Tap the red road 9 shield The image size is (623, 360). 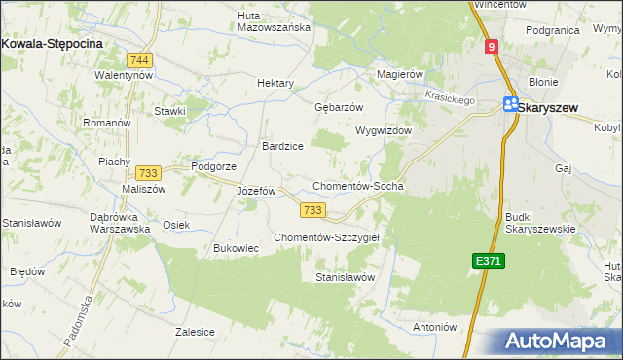(493, 47)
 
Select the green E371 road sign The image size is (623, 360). (489, 261)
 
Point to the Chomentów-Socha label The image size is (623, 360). (357, 186)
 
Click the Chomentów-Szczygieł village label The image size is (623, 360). (332, 237)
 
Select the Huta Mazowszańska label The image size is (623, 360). (274, 21)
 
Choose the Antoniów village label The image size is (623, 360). (435, 327)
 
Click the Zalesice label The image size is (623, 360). (195, 332)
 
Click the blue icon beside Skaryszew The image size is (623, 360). (510, 106)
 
